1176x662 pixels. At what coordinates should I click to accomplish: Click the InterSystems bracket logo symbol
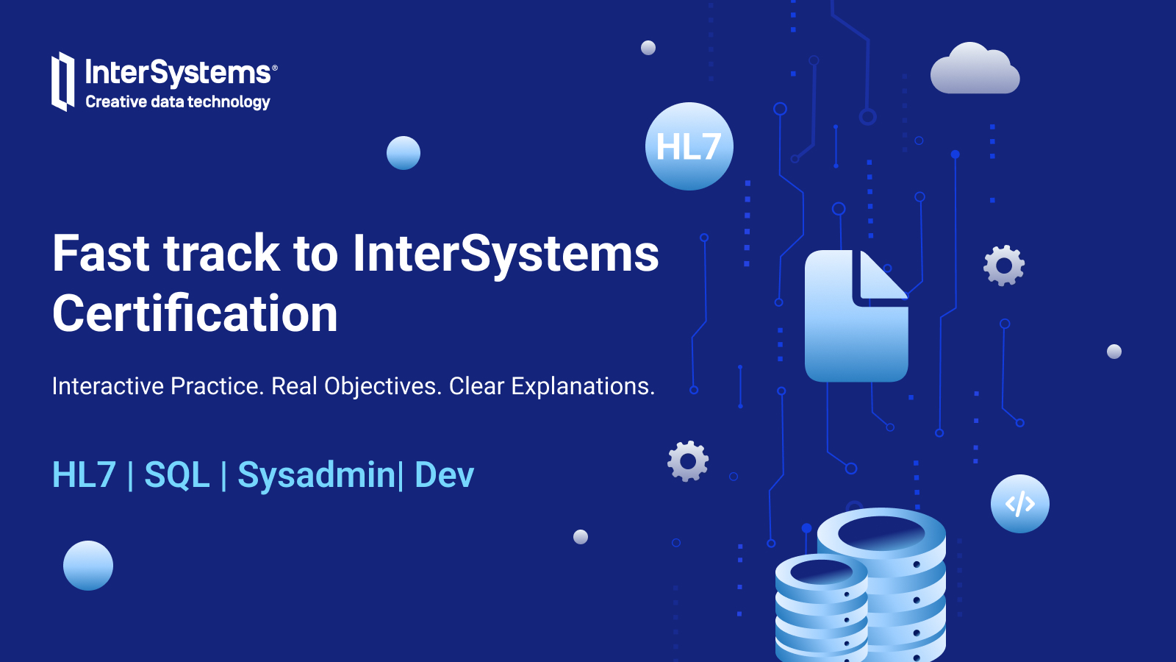point(62,82)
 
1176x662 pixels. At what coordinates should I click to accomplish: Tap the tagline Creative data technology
point(178,102)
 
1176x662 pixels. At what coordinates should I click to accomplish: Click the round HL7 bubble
point(689,146)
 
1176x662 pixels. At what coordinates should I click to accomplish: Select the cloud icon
point(975,68)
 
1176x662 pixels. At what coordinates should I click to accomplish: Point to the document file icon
point(856,316)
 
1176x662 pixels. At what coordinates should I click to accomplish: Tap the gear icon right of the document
point(1004,266)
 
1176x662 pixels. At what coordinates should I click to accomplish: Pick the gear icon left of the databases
point(688,461)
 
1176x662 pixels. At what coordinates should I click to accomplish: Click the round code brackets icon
point(1019,504)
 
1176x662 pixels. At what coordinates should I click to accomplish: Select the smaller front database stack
point(821,608)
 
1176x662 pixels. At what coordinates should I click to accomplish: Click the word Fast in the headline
point(101,253)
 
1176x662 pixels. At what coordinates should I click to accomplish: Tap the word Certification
point(195,313)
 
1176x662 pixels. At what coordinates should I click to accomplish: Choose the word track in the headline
point(221,253)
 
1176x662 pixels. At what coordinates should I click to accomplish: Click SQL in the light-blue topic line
point(177,475)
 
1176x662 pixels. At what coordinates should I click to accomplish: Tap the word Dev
point(444,475)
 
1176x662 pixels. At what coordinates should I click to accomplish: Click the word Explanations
point(583,386)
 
